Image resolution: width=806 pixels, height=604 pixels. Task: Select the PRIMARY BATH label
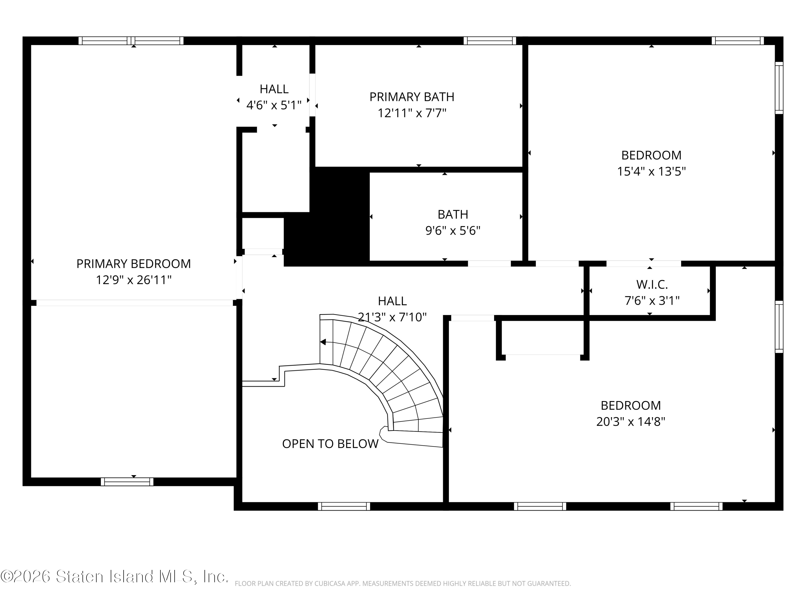412,97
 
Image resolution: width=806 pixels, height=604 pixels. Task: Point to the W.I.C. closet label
652,284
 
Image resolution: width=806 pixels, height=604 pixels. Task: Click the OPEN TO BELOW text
330,443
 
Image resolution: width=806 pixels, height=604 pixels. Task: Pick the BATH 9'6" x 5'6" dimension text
453,230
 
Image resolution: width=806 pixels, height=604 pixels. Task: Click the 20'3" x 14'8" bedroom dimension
631,422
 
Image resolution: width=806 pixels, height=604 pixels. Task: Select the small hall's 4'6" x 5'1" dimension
274,105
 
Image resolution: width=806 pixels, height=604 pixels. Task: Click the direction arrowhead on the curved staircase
323,342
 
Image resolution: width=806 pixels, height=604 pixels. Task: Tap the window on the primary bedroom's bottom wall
127,482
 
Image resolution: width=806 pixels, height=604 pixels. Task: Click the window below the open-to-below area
344,507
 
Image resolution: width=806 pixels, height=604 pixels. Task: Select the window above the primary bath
490,41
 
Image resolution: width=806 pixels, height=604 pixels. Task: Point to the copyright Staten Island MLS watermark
114,576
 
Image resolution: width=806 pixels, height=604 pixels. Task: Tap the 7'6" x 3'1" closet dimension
652,301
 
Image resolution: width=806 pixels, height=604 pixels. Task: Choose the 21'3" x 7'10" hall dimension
392,317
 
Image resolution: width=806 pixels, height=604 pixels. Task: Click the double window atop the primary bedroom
131,41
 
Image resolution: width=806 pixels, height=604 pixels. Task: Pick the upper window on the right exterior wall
779,88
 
